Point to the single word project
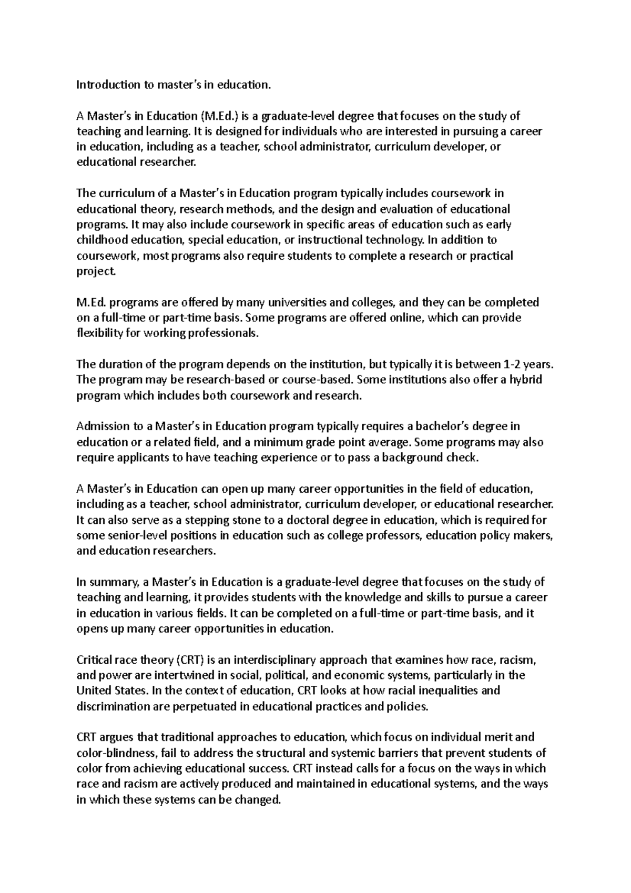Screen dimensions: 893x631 coord(95,272)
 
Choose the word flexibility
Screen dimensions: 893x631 coord(99,333)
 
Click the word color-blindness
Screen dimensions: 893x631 coord(116,753)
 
